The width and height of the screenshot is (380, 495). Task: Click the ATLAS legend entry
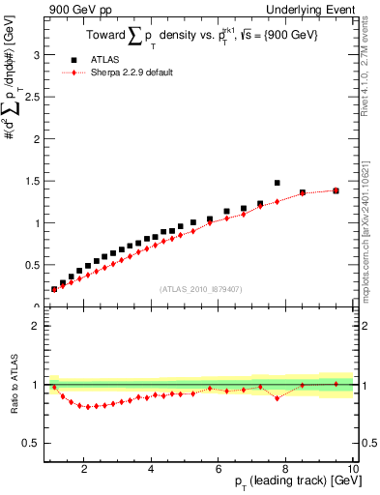pos(103,60)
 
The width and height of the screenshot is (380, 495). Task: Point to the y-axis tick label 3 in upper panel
pos(35,55)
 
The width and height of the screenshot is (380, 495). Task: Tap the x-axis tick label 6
pos(219,469)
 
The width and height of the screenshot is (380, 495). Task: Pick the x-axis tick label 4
pos(152,469)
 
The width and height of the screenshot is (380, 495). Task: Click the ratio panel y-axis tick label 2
pos(35,326)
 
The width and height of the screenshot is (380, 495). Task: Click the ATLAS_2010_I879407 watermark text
pos(200,287)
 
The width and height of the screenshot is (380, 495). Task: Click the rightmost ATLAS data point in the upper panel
pos(336,190)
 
